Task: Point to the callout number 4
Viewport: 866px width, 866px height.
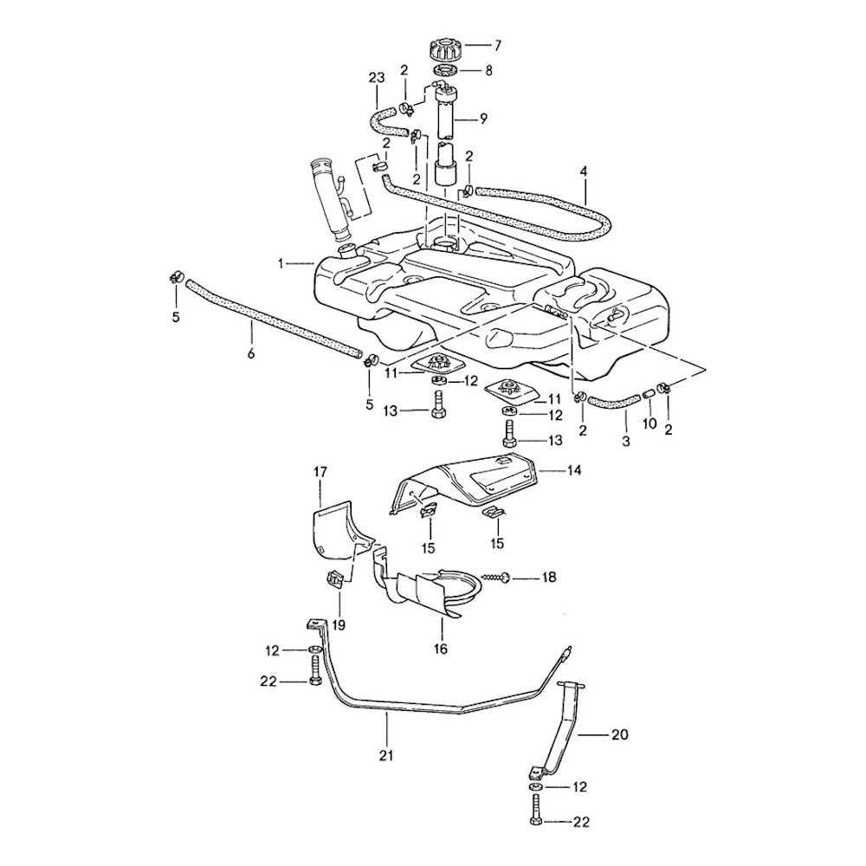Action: tap(584, 171)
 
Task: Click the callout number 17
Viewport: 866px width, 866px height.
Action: tap(320, 472)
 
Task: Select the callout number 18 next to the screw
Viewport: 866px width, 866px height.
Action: tap(550, 577)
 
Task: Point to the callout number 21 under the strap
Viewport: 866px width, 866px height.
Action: tap(386, 755)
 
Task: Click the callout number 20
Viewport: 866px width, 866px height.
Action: tap(618, 735)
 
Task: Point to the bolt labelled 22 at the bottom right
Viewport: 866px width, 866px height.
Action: tap(534, 809)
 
